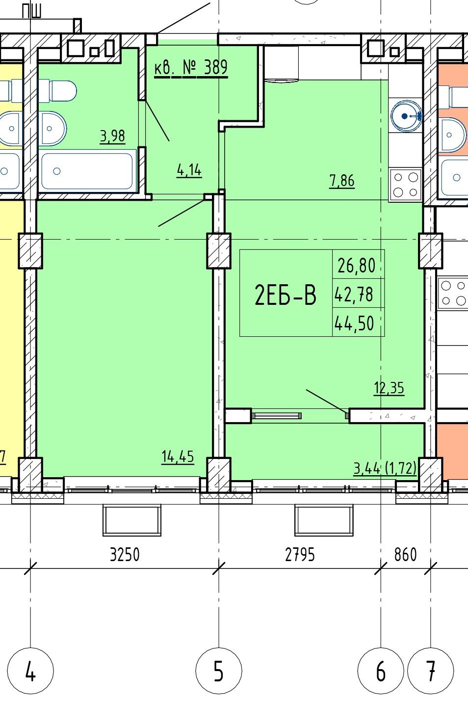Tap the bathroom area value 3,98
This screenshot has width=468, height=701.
pos(113,136)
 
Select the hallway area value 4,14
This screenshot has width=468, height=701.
pos(189,170)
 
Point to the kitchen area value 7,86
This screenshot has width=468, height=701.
pos(342,181)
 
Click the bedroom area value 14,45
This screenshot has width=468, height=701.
pos(178,457)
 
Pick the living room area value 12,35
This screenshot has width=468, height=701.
pos(389,388)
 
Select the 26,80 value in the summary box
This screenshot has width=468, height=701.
pos(357,266)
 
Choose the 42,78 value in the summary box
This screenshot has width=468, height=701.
pos(354,295)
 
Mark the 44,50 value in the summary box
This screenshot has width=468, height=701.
pos(354,324)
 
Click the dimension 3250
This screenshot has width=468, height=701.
pos(125,555)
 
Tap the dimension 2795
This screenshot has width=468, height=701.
pos(300,555)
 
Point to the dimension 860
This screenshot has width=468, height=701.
pos(405,555)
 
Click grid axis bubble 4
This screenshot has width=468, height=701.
pos(30,671)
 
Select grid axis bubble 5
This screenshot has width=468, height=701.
pos(219,671)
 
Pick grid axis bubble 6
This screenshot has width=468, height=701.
pos(381,671)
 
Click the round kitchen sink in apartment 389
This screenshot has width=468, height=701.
pos(406,116)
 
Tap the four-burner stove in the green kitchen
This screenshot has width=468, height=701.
pos(405,185)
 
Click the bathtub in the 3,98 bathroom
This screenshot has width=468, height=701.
pos(87,170)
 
